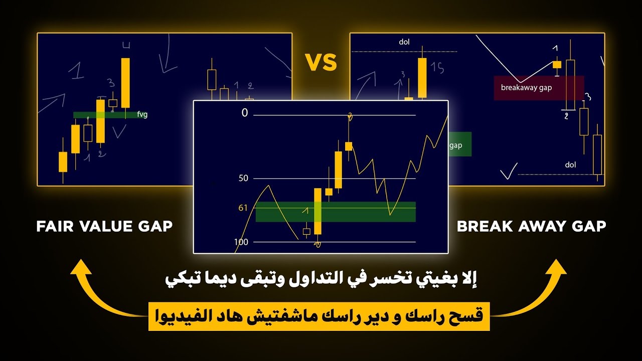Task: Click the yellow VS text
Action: tap(320, 63)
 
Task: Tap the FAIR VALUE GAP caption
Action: tap(104, 227)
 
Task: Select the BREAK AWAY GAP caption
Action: tap(531, 227)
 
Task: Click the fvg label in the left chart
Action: tap(142, 114)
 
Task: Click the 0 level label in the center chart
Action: tap(245, 113)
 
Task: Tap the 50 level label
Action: tap(244, 178)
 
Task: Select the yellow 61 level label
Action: tap(243, 208)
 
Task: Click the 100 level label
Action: tap(241, 242)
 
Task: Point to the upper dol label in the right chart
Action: tap(404, 42)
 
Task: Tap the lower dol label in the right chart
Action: tap(570, 164)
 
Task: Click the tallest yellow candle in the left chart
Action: tap(125, 83)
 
